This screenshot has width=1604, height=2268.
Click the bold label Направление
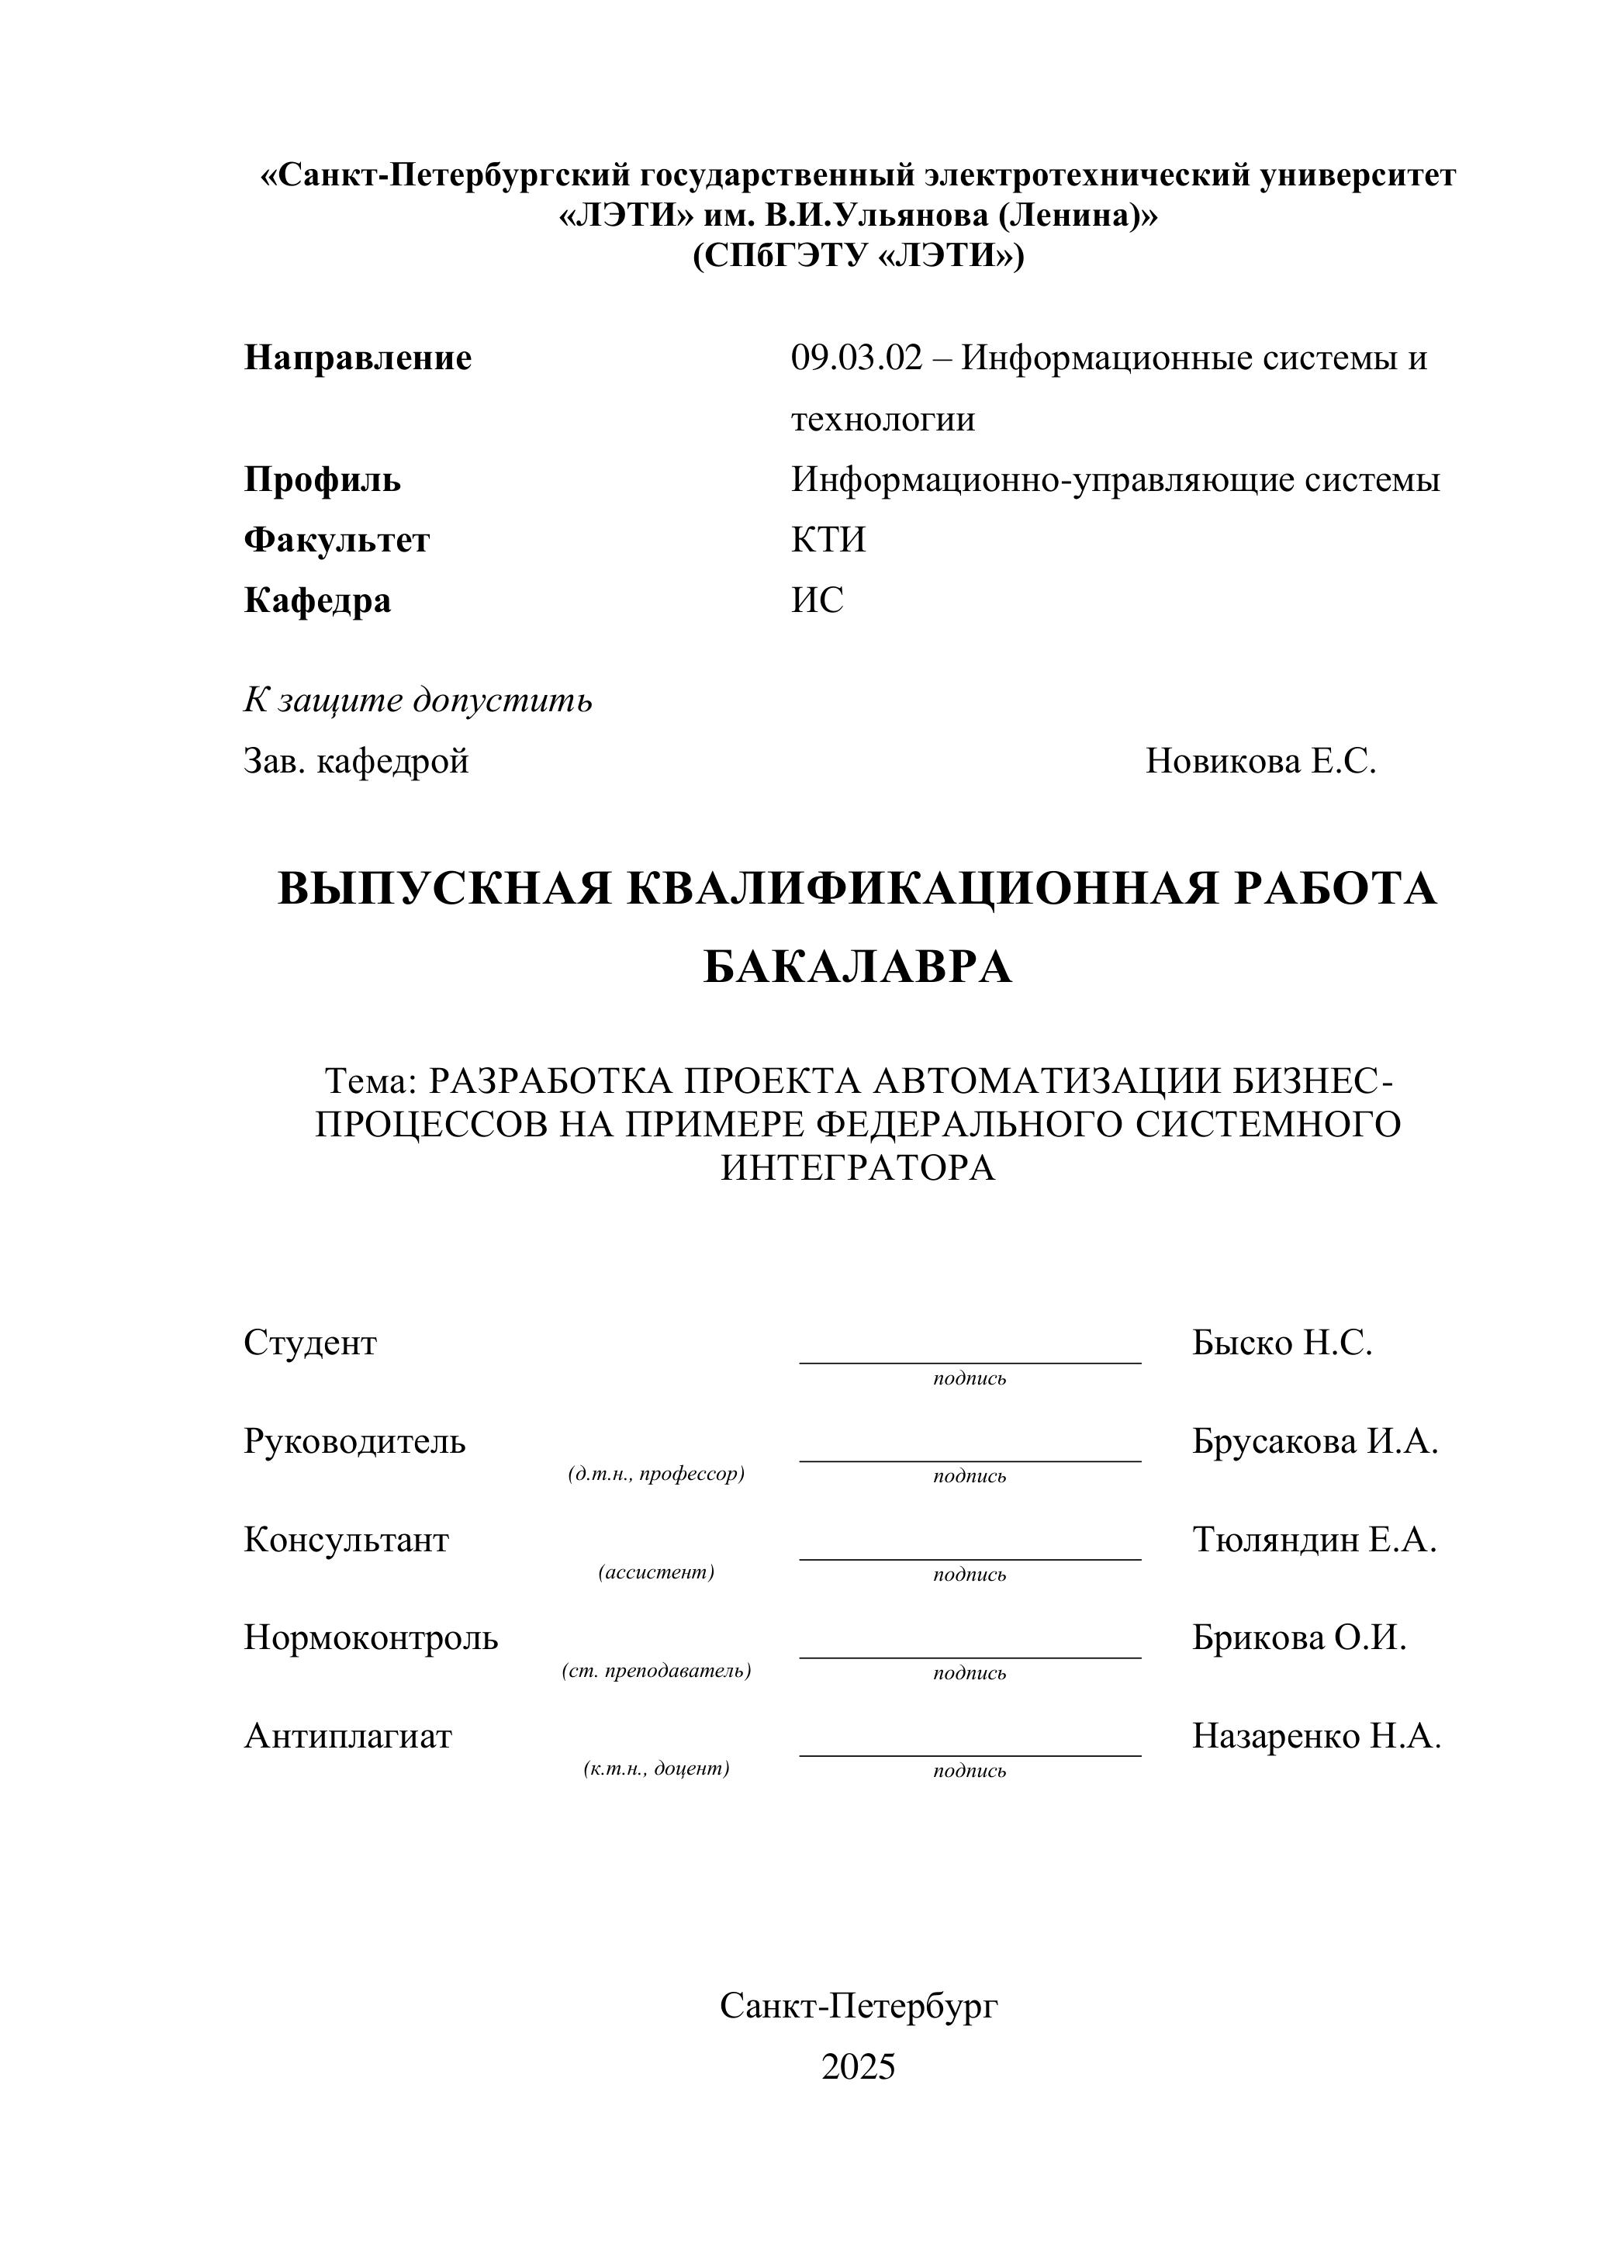pyautogui.click(x=358, y=358)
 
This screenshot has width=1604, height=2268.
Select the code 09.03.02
pyautogui.click(x=856, y=358)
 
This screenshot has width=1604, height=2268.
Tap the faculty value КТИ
pyautogui.click(x=828, y=541)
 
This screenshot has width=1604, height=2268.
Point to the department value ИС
pyautogui.click(x=817, y=600)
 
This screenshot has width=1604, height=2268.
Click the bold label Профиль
pyautogui.click(x=322, y=480)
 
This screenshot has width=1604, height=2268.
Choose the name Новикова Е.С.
pyautogui.click(x=1260, y=762)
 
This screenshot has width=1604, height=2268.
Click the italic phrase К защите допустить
pyautogui.click(x=418, y=700)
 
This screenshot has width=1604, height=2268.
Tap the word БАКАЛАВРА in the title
pyautogui.click(x=857, y=967)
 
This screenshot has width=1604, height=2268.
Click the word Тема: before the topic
pyautogui.click(x=372, y=1082)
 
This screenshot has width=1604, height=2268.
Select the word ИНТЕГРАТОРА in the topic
pyautogui.click(x=857, y=1169)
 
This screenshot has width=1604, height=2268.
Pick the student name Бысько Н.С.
pyautogui.click(x=1282, y=1343)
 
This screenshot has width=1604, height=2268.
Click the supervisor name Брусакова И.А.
pyautogui.click(x=1315, y=1442)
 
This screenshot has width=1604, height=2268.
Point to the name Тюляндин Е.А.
pyautogui.click(x=1314, y=1540)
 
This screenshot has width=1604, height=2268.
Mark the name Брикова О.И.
pyautogui.click(x=1299, y=1637)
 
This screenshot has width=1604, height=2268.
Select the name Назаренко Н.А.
pyautogui.click(x=1316, y=1736)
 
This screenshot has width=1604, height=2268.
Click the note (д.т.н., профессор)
pyautogui.click(x=656, y=1475)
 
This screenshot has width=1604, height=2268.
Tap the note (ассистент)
pyautogui.click(x=656, y=1572)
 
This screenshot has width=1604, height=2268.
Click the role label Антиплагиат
pyautogui.click(x=347, y=1736)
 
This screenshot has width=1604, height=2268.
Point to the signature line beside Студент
pyautogui.click(x=969, y=1361)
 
